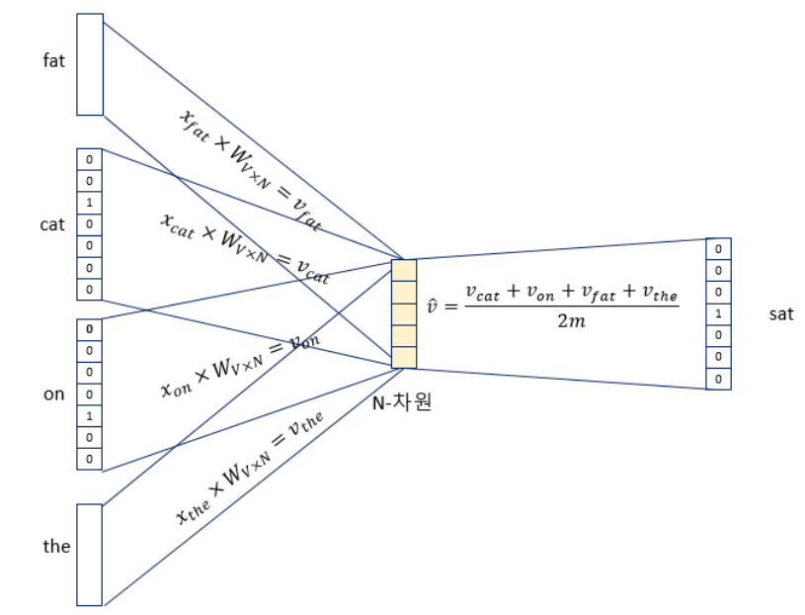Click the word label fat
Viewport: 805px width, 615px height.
coord(54,61)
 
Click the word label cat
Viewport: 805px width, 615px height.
coord(52,224)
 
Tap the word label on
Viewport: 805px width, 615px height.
coord(54,394)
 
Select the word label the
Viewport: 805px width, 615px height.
coord(56,545)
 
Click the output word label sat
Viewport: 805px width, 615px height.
coord(780,314)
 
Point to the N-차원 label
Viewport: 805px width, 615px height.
coord(403,403)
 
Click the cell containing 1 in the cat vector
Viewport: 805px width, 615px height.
coord(90,203)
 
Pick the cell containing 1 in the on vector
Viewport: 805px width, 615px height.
coord(90,415)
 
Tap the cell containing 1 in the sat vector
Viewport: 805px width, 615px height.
coord(718,313)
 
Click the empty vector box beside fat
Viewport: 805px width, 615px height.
coord(90,64)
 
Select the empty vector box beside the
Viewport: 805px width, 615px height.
coord(90,554)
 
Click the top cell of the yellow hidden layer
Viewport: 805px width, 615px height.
coord(404,270)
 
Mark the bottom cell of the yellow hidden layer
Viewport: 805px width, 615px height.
coord(404,357)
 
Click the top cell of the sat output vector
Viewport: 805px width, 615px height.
coord(718,248)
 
